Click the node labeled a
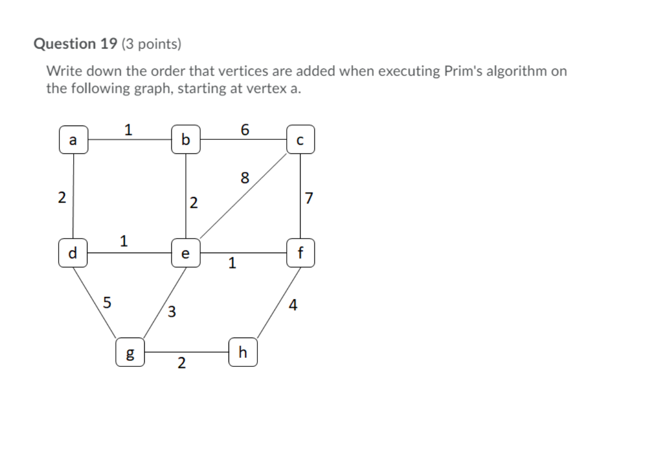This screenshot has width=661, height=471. [x=74, y=140]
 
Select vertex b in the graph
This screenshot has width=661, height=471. [x=186, y=140]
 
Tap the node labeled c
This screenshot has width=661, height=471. [x=300, y=140]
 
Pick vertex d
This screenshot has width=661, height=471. [x=74, y=252]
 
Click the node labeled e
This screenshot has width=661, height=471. [x=186, y=253]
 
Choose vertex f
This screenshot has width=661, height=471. [x=300, y=253]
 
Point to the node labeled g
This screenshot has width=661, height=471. [x=130, y=353]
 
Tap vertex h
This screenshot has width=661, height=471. [x=243, y=352]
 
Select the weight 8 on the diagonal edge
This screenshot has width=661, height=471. [x=245, y=178]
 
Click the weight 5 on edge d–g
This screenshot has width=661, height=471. [x=107, y=302]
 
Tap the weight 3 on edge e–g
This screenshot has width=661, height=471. [x=171, y=311]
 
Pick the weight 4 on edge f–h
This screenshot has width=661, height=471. [x=293, y=305]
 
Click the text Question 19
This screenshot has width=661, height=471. [x=75, y=44]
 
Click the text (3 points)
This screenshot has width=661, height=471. [x=152, y=44]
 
